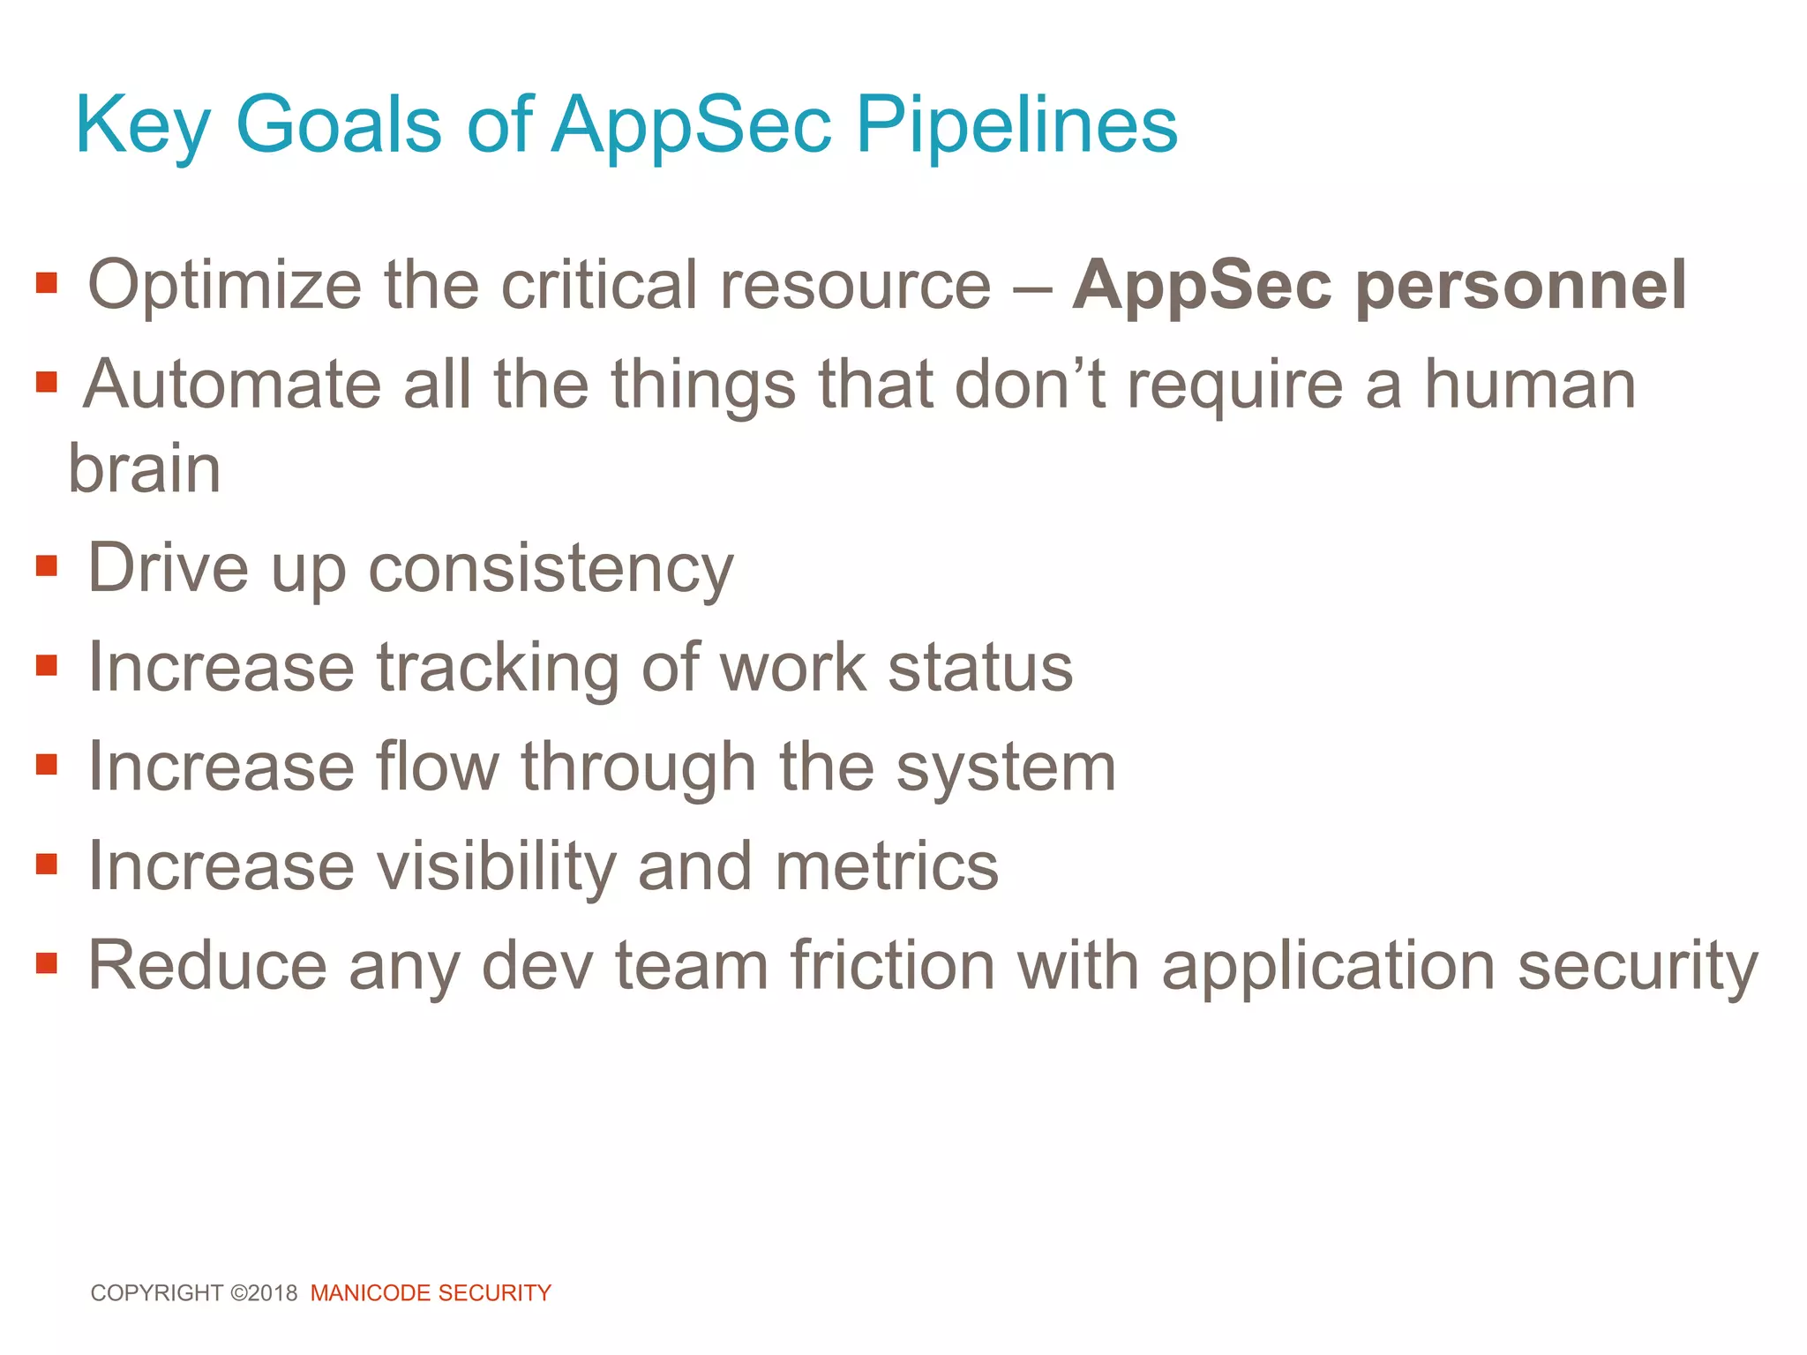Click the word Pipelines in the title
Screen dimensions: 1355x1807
click(x=1016, y=125)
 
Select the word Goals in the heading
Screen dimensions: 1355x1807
click(x=338, y=125)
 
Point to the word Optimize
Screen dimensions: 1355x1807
click(x=224, y=285)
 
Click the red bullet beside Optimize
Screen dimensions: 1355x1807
click(x=47, y=283)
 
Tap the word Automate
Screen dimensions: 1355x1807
click(x=232, y=385)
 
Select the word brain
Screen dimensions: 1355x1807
click(x=144, y=468)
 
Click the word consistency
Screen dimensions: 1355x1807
click(x=551, y=569)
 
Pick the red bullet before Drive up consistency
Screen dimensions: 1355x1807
click(x=47, y=565)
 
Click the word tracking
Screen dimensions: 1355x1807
click(x=498, y=667)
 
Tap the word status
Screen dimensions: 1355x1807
click(x=980, y=667)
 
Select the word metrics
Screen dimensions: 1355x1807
click(x=886, y=866)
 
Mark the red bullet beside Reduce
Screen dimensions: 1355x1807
click(x=47, y=962)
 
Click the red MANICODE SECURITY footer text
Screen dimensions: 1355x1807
click(x=431, y=1292)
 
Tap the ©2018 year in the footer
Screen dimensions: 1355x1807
click(x=264, y=1292)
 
